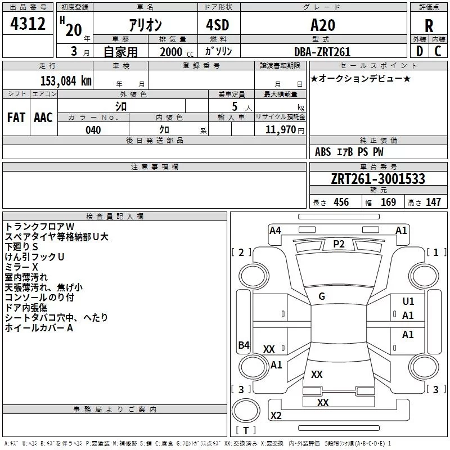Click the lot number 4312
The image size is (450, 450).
pyautogui.click(x=28, y=24)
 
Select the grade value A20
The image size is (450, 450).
pyautogui.click(x=323, y=25)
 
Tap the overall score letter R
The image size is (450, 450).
pyautogui.click(x=429, y=26)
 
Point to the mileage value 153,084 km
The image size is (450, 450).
pyautogui.click(x=66, y=81)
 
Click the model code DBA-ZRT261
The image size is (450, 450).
pyautogui.click(x=322, y=52)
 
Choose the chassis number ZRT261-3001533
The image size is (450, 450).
pyautogui.click(x=378, y=179)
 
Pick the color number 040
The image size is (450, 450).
pyautogui.click(x=93, y=130)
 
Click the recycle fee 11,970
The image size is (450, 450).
pyautogui.click(x=280, y=129)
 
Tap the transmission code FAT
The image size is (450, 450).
pyautogui.click(x=16, y=118)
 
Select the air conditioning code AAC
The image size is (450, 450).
pyautogui.click(x=43, y=118)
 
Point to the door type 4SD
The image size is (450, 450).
pyautogui.click(x=218, y=25)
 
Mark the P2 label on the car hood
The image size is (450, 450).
pyautogui.click(x=339, y=244)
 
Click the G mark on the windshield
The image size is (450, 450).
pyautogui.click(x=322, y=296)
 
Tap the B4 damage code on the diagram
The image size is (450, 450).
pyautogui.click(x=244, y=345)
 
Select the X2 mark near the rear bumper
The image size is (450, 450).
pyautogui.click(x=276, y=415)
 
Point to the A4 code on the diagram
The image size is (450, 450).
pyautogui.click(x=275, y=231)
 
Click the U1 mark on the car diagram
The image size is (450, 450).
pyautogui.click(x=408, y=301)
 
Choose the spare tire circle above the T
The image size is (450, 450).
pyautogui.click(x=246, y=411)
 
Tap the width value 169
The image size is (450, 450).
pyautogui.click(x=388, y=202)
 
